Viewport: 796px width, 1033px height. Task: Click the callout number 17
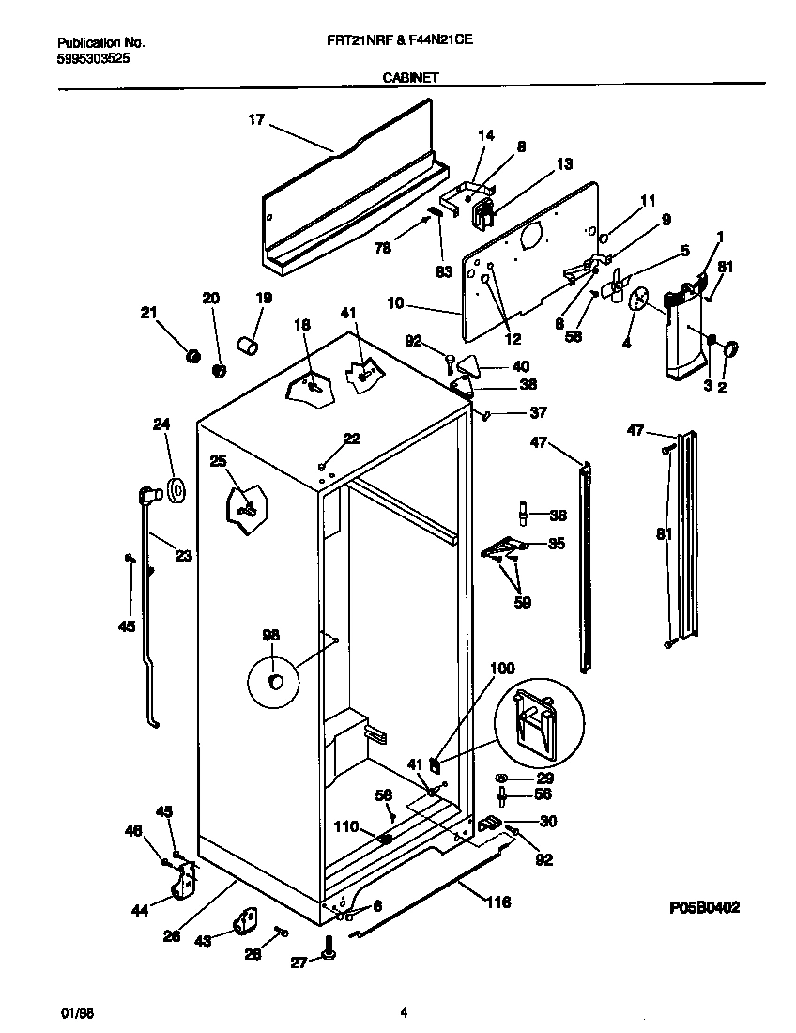pyautogui.click(x=256, y=119)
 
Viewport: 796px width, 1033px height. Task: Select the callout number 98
pyautogui.click(x=270, y=636)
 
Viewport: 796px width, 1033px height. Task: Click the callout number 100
pyautogui.click(x=503, y=669)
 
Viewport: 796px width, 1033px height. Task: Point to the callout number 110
pyautogui.click(x=346, y=827)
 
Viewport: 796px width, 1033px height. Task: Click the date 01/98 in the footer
pyautogui.click(x=73, y=1012)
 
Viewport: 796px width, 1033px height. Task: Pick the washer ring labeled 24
pyautogui.click(x=176, y=488)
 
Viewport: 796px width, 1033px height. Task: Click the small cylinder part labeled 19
pyautogui.click(x=249, y=348)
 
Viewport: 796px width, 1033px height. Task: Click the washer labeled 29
pyautogui.click(x=501, y=779)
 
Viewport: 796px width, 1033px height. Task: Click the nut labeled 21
pyautogui.click(x=193, y=355)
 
